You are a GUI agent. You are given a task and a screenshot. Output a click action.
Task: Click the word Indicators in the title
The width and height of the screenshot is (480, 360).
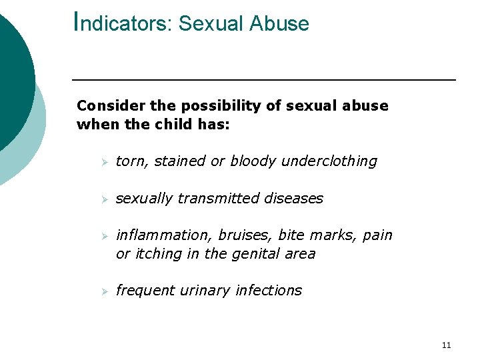[123, 23]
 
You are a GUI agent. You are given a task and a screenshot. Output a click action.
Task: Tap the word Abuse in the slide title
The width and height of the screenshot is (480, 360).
[279, 23]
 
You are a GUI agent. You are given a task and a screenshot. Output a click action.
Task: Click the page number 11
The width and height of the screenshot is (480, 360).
[446, 345]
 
